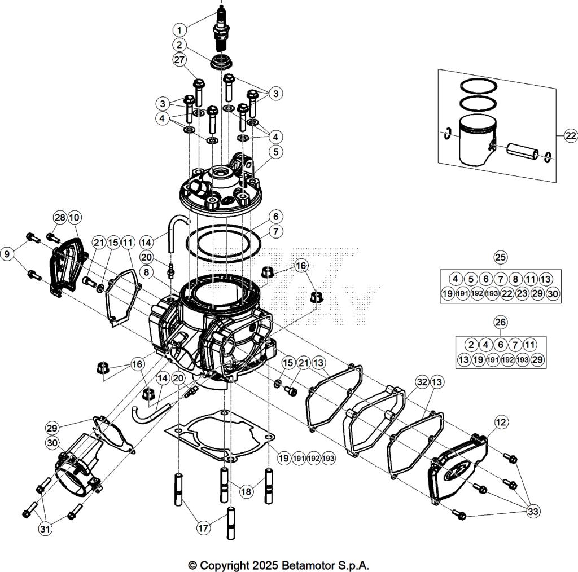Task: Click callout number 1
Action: tap(179, 29)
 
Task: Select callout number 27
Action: tap(179, 59)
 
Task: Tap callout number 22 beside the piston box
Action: tap(570, 135)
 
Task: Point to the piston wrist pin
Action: tap(520, 151)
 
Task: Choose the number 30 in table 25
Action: tap(553, 293)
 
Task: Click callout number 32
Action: tap(421, 381)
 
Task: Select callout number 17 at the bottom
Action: tap(203, 529)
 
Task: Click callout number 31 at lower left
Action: tap(45, 529)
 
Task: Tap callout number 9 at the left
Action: tap(7, 254)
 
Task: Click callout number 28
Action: tap(60, 218)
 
